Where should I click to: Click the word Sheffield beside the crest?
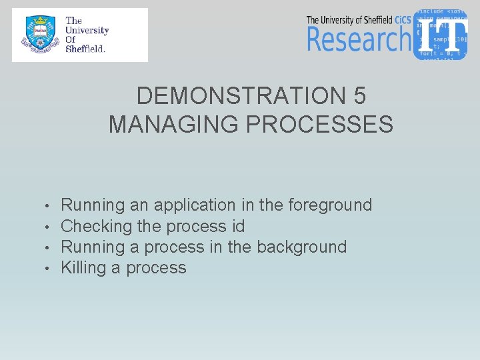click(85, 49)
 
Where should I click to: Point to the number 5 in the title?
click(359, 97)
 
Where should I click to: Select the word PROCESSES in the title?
click(320, 124)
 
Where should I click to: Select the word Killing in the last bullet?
click(84, 268)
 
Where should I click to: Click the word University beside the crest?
click(87, 30)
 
